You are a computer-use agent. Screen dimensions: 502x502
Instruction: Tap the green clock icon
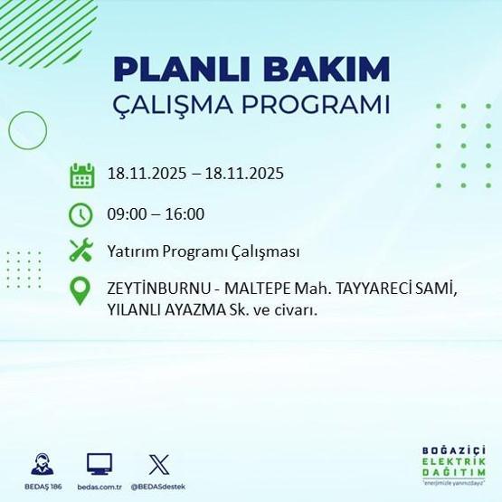(x=82, y=214)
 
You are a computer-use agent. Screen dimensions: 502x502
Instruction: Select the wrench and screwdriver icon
(x=82, y=251)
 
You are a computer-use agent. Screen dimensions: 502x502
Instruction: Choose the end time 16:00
(x=185, y=214)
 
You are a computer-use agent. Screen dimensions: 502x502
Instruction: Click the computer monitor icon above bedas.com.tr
(x=99, y=463)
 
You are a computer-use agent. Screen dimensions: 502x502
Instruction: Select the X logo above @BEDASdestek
(x=157, y=463)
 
